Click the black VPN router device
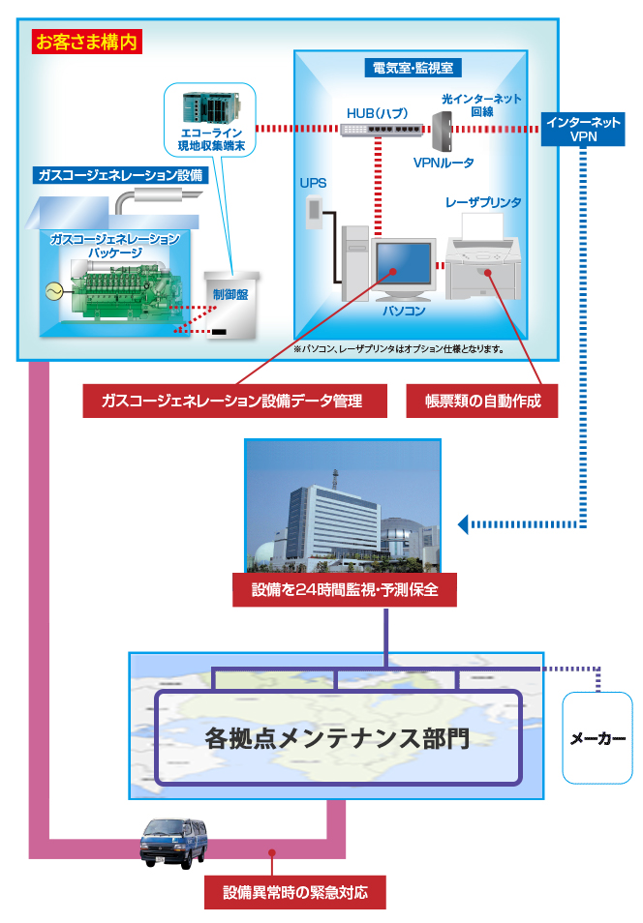[x=444, y=129]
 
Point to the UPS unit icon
[x=312, y=211]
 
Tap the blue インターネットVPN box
[x=582, y=130]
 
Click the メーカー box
[x=596, y=738]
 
